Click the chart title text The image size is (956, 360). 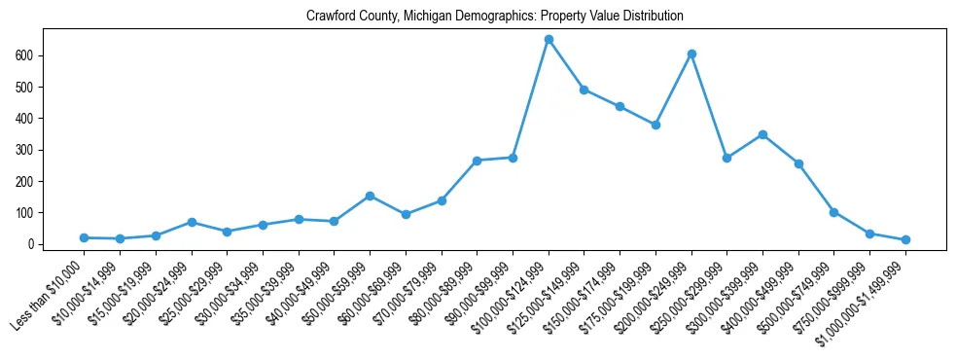[495, 17]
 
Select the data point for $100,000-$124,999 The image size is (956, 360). [549, 40]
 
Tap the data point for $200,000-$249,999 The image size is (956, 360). [691, 54]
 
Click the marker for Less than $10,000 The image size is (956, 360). [85, 237]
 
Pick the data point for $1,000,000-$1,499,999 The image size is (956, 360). [905, 239]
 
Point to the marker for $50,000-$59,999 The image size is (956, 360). [371, 196]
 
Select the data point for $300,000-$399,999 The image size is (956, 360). [762, 134]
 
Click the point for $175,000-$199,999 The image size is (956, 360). [655, 125]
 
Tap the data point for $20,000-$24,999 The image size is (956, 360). [192, 222]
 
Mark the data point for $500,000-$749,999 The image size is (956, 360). [833, 212]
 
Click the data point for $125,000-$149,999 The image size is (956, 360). [584, 90]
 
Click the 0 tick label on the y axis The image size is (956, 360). [32, 244]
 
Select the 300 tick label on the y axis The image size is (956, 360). [26, 150]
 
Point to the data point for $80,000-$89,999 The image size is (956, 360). [478, 161]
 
